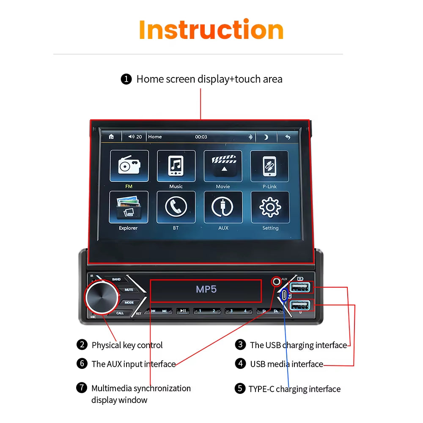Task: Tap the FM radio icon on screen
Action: [x=129, y=166]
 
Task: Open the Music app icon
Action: [x=176, y=166]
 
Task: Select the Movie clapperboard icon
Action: [x=223, y=166]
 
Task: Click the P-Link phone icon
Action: [x=269, y=166]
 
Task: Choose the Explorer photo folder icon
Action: [x=129, y=207]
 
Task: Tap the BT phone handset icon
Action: [x=176, y=207]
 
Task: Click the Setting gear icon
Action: [x=270, y=207]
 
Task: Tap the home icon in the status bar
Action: [x=111, y=137]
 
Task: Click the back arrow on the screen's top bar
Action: [x=288, y=137]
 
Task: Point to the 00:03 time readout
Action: [x=201, y=137]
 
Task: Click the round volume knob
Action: [x=102, y=298]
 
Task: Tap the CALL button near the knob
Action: [x=120, y=313]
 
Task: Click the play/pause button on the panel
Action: [x=183, y=311]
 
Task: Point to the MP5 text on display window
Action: [x=206, y=290]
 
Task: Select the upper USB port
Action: [x=301, y=288]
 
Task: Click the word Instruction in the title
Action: [x=211, y=30]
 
